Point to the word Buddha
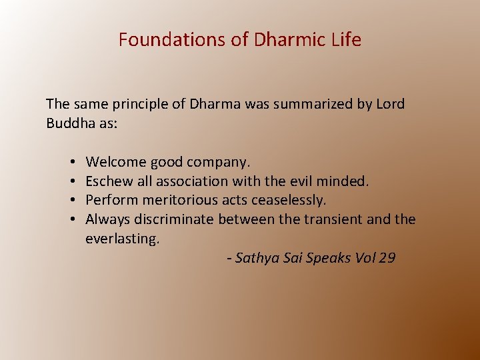[x=70, y=123]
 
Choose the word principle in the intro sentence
[x=138, y=105]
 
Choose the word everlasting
[x=123, y=239]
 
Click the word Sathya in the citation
[x=257, y=258]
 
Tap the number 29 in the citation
[x=387, y=258]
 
